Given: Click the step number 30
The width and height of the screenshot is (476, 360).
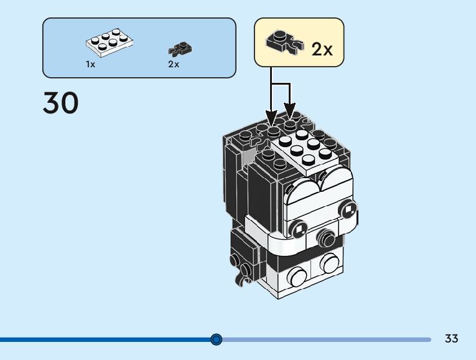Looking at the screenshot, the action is (61, 103).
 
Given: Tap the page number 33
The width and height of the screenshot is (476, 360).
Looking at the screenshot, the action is (451, 338).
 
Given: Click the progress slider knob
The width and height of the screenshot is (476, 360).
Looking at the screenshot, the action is (216, 339).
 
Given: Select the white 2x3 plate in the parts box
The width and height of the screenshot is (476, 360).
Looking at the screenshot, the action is (110, 43).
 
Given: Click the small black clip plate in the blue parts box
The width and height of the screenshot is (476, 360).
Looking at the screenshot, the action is (180, 50).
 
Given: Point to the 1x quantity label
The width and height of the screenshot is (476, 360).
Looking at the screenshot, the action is (90, 64).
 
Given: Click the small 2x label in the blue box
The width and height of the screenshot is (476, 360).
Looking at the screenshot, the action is (174, 64).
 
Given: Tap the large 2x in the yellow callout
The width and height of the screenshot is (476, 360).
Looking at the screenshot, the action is (322, 49).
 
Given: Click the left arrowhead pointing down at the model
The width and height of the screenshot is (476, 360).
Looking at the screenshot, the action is (271, 118).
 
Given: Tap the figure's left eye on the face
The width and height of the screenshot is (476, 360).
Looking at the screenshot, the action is (299, 228).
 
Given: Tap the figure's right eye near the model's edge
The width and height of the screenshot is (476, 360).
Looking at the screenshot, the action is (348, 210).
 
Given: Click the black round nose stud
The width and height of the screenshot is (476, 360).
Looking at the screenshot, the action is (325, 236).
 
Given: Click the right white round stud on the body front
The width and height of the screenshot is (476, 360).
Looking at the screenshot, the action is (330, 263).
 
